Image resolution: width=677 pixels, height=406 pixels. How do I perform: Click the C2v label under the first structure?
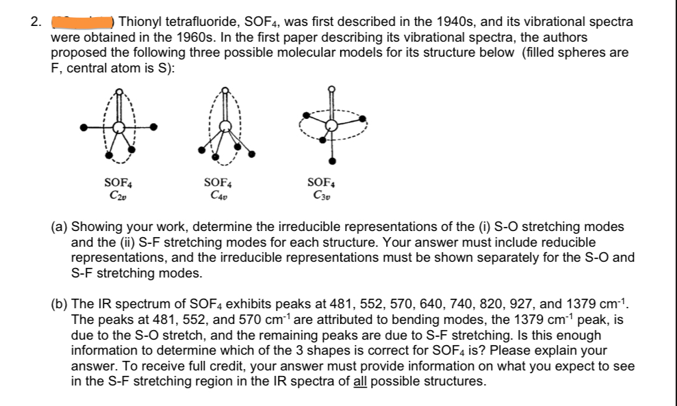(118, 193)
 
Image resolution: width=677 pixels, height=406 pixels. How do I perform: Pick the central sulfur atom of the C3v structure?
(332, 124)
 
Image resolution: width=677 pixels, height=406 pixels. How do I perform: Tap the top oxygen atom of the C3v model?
(332, 88)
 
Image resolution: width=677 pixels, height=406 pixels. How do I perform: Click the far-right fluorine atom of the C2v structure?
(155, 127)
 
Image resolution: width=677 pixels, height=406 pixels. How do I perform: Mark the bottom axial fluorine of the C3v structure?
(332, 161)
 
